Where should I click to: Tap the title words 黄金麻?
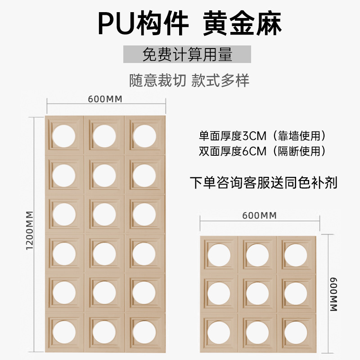click(243, 23)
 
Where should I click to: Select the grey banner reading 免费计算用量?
click(187, 54)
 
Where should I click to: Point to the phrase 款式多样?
click(220, 80)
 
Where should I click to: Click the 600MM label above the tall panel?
click(105, 99)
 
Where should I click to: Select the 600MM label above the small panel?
click(259, 215)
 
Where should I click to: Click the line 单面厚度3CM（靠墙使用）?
click(262, 135)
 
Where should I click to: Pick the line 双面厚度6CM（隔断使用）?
click(262, 151)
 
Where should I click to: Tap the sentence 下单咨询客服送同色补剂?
click(263, 183)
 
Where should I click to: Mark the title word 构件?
click(171, 23)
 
